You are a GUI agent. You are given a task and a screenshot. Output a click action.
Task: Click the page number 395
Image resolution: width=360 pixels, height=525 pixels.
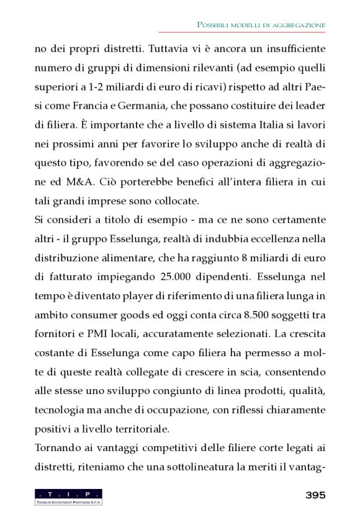[x=315, y=495]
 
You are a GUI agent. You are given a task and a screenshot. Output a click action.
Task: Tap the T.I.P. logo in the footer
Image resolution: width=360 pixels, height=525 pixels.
[x=68, y=496]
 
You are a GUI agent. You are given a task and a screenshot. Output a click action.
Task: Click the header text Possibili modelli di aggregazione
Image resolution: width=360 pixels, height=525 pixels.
[x=261, y=24]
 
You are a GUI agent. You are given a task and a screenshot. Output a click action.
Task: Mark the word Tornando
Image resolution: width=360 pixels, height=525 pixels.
[x=56, y=448]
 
